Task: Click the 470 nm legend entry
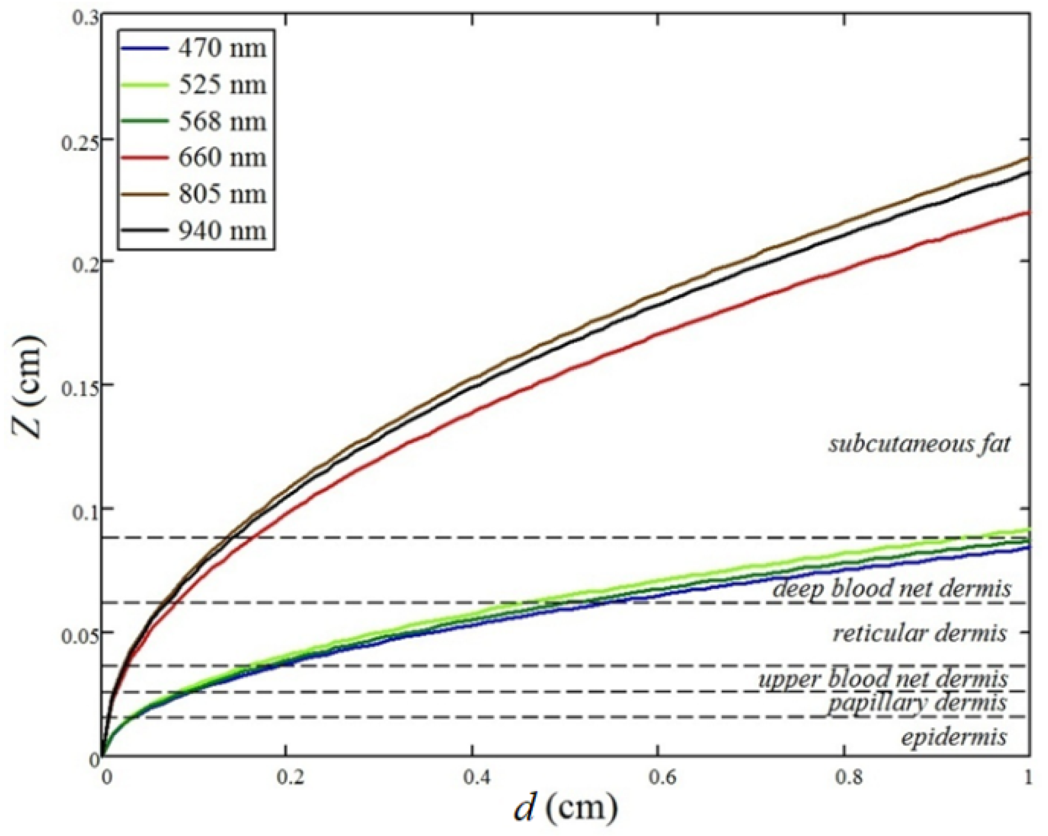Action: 222,48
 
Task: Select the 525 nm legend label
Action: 222,85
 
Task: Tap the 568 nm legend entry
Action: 222,121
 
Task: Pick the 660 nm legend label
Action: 222,157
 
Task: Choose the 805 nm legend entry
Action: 222,194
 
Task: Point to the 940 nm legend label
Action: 222,230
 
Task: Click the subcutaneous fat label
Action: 919,444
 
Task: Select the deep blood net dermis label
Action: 891,588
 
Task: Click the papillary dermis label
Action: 917,702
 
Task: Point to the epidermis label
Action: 954,737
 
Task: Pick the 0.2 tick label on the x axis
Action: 291,777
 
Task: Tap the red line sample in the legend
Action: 144,158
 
